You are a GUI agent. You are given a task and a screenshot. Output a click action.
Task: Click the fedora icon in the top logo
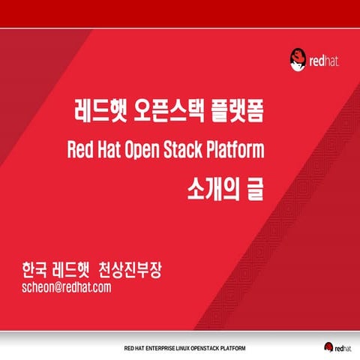click(x=298, y=57)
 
